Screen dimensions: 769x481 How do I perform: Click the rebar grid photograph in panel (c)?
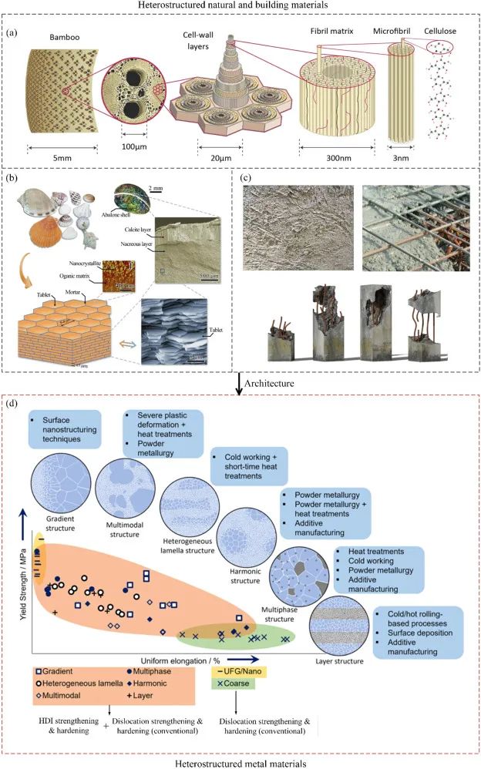(x=414, y=227)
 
